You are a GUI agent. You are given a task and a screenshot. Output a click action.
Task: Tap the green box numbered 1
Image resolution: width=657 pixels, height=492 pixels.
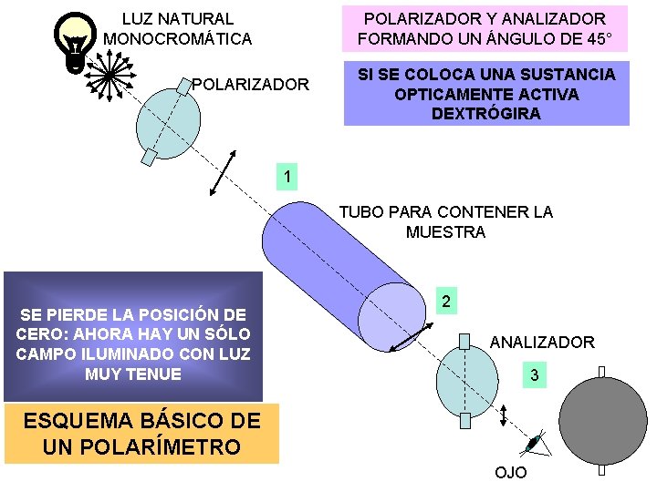pyautogui.click(x=287, y=176)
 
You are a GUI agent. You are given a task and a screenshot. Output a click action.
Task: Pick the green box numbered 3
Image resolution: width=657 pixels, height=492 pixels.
pyautogui.click(x=535, y=374)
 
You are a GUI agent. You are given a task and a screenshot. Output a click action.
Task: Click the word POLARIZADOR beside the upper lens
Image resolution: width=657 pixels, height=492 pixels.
pyautogui.click(x=250, y=85)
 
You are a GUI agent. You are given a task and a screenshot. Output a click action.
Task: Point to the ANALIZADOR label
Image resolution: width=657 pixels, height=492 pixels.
pyautogui.click(x=542, y=343)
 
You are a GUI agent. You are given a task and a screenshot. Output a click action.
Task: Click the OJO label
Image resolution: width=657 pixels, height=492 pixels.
pyautogui.click(x=510, y=473)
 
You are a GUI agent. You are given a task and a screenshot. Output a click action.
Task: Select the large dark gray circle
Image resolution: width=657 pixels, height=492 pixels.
pyautogui.click(x=602, y=419)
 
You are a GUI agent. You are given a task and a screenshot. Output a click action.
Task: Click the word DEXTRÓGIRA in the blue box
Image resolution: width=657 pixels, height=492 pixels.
pyautogui.click(x=486, y=114)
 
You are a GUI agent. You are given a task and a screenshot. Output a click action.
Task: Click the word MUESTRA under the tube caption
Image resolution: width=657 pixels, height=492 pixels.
pyautogui.click(x=445, y=232)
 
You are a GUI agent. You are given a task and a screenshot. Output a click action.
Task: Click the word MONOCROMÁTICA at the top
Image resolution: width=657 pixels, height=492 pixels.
pyautogui.click(x=178, y=39)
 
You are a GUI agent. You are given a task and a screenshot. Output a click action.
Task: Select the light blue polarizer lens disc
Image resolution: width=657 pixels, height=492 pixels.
pyautogui.click(x=169, y=117)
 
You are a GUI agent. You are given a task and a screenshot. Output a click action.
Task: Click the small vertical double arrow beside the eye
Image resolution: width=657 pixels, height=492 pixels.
pyautogui.click(x=505, y=415)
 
